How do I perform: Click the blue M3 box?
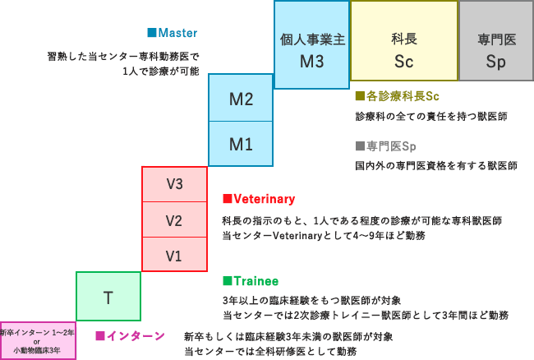(x=311, y=45)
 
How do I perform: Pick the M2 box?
(x=241, y=99)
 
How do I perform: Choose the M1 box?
(x=241, y=144)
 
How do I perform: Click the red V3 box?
(x=174, y=183)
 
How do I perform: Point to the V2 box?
(x=174, y=220)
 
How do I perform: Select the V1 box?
(x=174, y=255)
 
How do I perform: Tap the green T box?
(x=108, y=297)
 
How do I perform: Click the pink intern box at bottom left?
(x=38, y=340)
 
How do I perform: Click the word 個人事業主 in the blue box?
(x=311, y=39)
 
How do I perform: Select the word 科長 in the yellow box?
(x=404, y=38)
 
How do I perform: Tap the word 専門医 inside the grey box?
(x=496, y=39)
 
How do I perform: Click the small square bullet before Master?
(x=151, y=33)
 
